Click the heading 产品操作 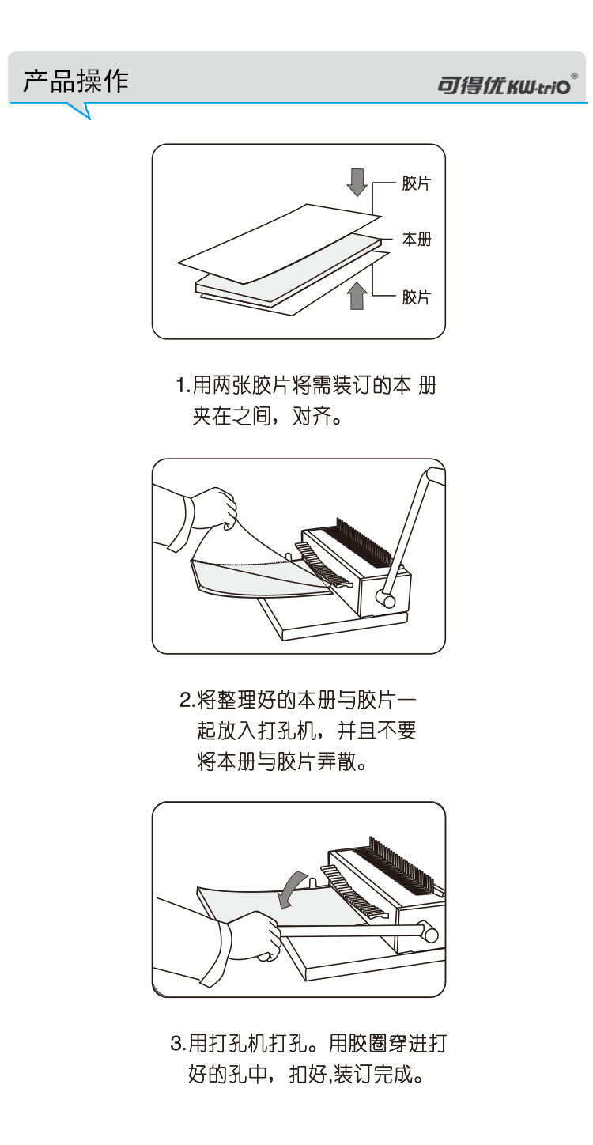tap(76, 81)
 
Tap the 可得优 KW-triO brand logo tap(507, 84)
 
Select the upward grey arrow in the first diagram tap(357, 296)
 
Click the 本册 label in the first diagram tap(417, 239)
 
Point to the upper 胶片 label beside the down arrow tap(417, 183)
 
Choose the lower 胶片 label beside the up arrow tap(417, 297)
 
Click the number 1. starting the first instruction tap(183, 385)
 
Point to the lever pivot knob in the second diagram tap(385, 597)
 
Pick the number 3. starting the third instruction tap(179, 1043)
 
